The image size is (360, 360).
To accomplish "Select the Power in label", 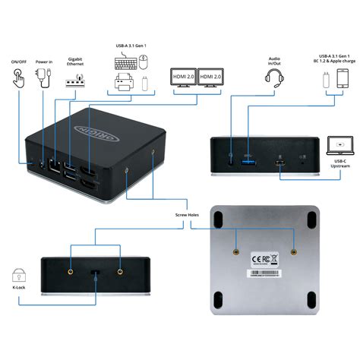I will tap(43, 62).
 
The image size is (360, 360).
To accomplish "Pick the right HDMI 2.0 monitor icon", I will tap(212, 79).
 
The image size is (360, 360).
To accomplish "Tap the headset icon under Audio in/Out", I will tap(276, 78).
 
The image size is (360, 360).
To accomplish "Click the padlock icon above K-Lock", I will tap(18, 275).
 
